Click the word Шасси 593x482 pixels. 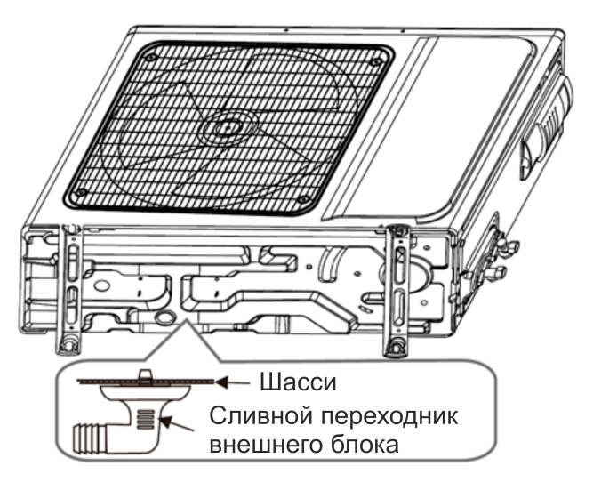coord(298,382)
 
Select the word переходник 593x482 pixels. coord(389,417)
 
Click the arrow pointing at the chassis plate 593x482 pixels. coord(233,382)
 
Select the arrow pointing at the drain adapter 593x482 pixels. coord(177,423)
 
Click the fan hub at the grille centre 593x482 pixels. coord(226,127)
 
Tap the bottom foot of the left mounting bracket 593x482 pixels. coord(68,343)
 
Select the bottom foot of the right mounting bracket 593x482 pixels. coord(396,346)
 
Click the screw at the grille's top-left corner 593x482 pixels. coord(151,58)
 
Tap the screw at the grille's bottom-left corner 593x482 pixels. coord(80,193)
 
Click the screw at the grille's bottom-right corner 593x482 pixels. coord(303,200)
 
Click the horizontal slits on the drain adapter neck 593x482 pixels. coord(146,420)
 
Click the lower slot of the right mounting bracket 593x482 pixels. coord(398,307)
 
